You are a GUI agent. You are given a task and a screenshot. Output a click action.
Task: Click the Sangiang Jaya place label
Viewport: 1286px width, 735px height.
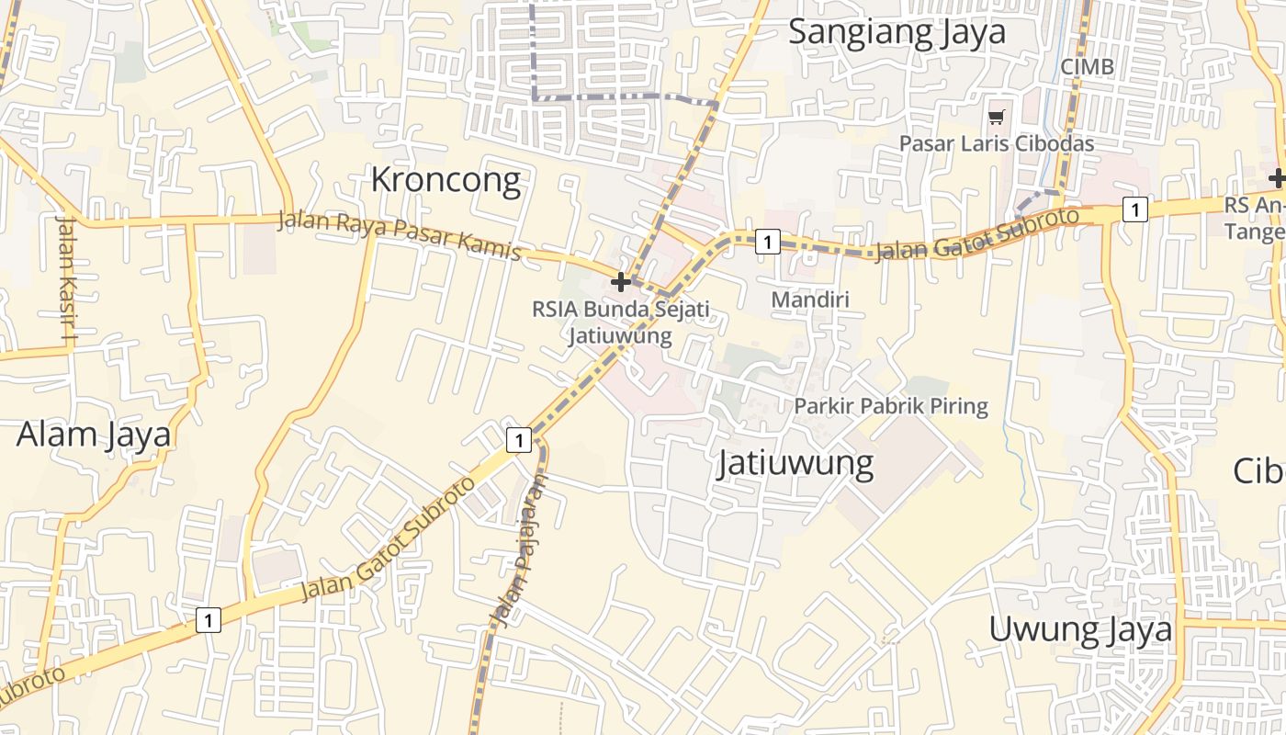point(897,31)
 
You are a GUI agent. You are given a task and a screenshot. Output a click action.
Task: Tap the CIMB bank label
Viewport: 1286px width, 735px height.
point(1087,67)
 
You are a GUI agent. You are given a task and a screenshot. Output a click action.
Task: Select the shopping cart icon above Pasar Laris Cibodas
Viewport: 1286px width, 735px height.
point(997,117)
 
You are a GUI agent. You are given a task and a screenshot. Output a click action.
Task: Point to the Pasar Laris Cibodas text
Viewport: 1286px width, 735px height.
point(997,144)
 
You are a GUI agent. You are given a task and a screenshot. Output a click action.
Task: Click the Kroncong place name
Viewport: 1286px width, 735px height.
point(446,180)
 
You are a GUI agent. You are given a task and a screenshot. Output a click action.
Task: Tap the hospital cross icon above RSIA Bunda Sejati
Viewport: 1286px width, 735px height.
point(621,281)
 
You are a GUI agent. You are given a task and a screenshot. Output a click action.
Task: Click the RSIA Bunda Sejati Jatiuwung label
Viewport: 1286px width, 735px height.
point(621,322)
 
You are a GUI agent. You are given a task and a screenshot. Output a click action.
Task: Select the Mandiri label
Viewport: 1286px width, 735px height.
point(810,300)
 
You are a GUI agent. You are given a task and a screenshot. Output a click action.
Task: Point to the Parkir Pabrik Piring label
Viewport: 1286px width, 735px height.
point(891,406)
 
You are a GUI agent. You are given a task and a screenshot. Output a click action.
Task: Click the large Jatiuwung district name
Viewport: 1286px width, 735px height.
point(795,463)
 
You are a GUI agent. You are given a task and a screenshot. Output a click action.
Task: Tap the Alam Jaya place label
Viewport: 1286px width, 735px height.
point(94,434)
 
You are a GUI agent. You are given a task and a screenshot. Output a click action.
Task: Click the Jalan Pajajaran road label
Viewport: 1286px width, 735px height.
point(520,551)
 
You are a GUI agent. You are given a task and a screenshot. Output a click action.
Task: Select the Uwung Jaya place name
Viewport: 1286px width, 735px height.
point(1080,630)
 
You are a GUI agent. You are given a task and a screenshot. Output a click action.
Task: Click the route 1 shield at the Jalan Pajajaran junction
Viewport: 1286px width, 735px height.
point(519,441)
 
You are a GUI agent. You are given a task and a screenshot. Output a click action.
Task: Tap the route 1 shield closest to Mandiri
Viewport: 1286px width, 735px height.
point(767,243)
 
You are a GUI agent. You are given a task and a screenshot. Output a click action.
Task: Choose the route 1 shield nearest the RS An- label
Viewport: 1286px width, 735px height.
point(1135,210)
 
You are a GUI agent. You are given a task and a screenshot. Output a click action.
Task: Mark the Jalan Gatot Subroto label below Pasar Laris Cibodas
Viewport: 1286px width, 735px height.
point(976,235)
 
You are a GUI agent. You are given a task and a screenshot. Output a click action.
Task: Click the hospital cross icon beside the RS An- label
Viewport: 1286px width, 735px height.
point(1277,178)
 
